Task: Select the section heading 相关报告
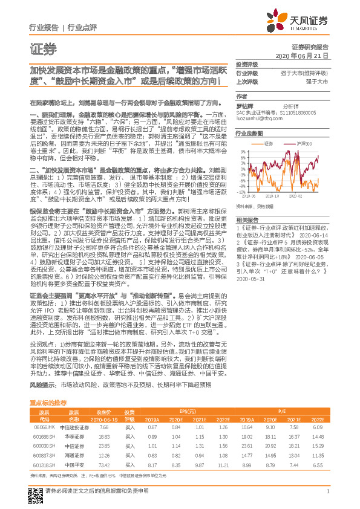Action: coord(247,219)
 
